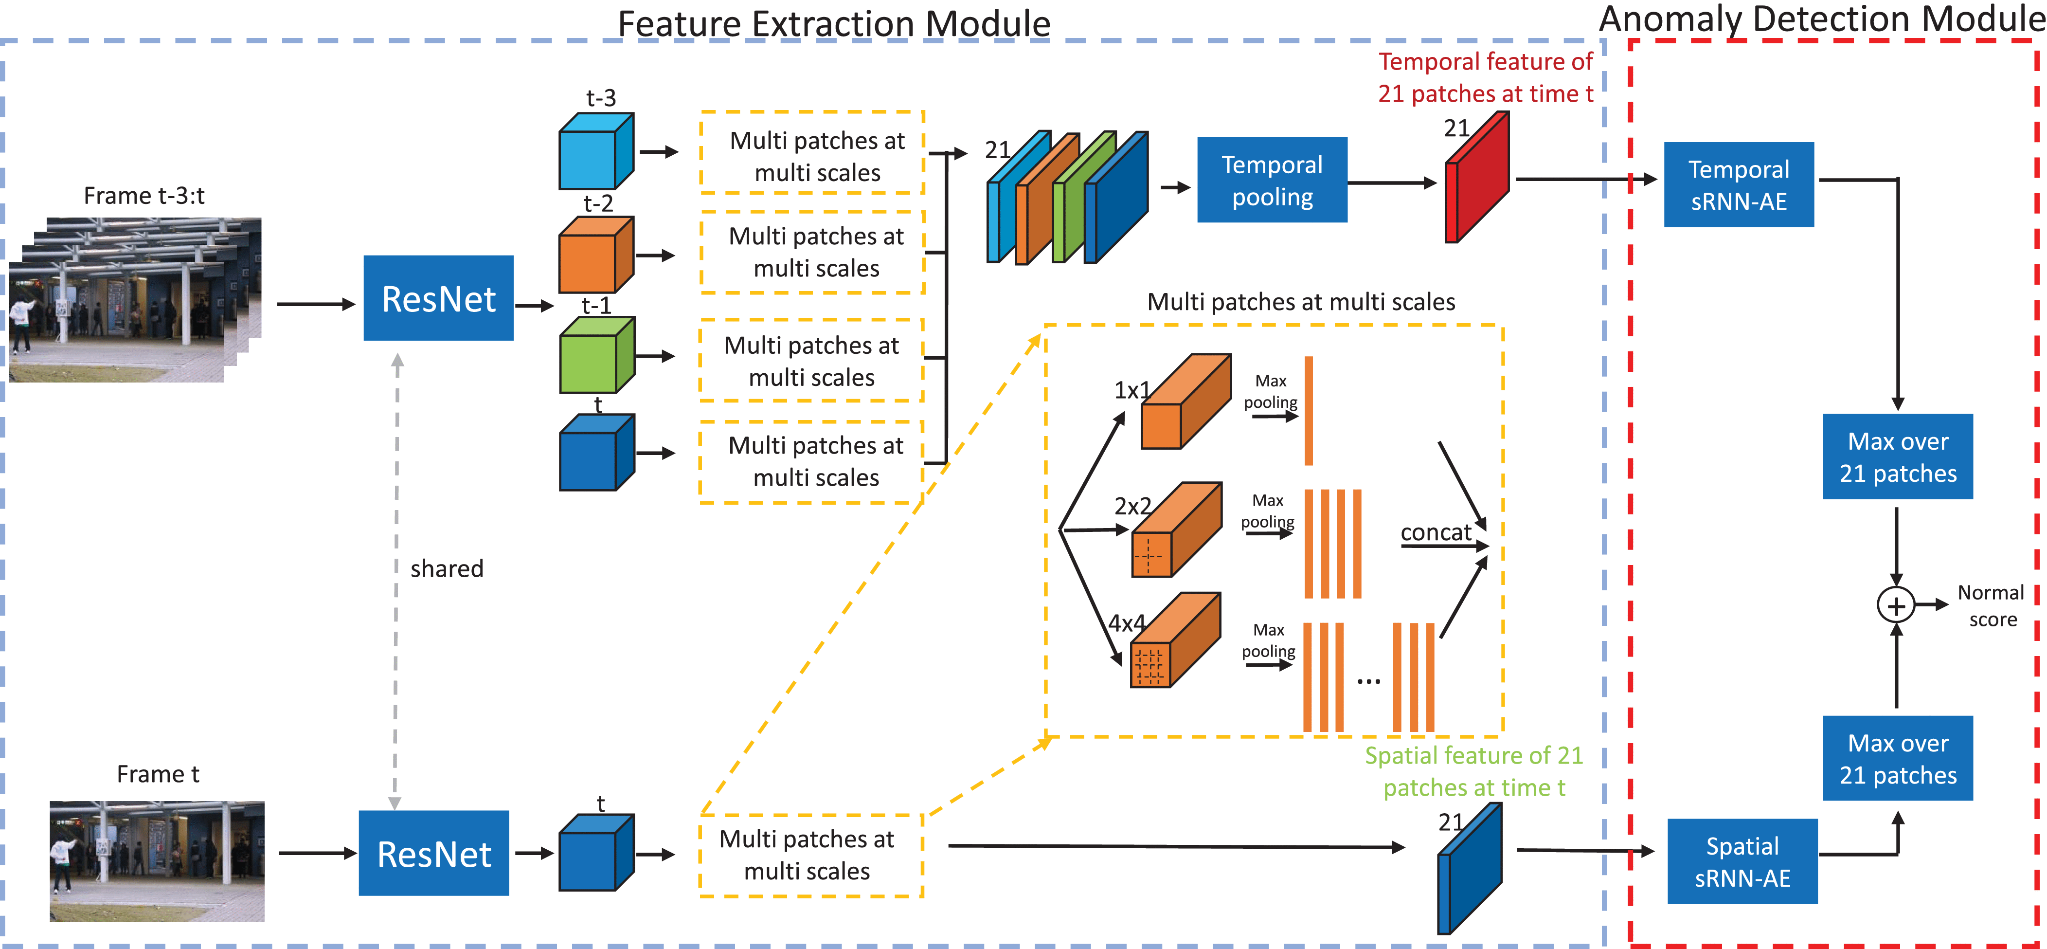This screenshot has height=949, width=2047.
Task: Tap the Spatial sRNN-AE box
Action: (1742, 861)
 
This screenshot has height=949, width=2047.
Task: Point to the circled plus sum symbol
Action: (1896, 605)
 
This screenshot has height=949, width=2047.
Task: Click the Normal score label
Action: (1992, 605)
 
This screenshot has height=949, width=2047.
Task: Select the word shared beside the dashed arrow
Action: (447, 569)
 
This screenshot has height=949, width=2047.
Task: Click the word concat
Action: (1435, 532)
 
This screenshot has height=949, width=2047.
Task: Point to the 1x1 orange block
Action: (1184, 402)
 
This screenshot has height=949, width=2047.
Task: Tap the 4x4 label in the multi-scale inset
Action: (1127, 623)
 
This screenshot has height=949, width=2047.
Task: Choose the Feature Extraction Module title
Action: (834, 22)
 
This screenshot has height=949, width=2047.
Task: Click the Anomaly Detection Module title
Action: (1821, 19)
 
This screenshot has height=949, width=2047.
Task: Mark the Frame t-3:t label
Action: (144, 196)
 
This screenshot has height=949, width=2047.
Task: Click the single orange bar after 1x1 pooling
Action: (1309, 411)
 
